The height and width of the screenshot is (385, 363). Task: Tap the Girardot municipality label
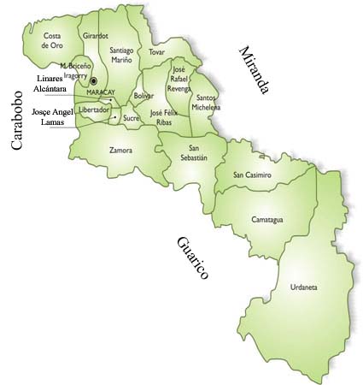point(95,36)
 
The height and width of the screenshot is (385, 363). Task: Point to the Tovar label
point(156,52)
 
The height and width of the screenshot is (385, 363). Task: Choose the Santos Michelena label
point(205,102)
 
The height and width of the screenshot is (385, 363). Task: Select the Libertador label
point(93,110)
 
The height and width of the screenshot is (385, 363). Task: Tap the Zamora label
point(120,150)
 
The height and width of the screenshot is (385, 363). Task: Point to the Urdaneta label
point(303,287)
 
